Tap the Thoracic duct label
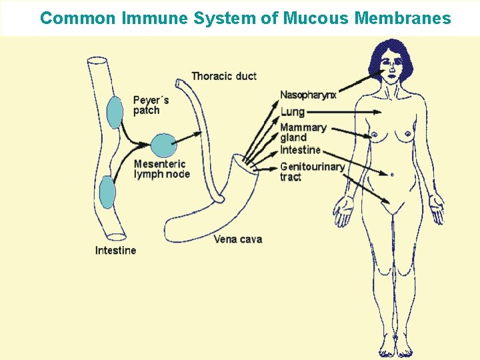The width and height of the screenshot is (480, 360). point(223,76)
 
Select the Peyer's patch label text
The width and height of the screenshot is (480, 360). point(151,105)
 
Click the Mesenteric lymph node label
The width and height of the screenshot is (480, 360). point(161,169)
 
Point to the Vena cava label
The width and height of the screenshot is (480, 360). point(237,239)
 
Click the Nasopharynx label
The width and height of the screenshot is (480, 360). point(308,95)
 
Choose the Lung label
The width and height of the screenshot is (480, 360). point(292,111)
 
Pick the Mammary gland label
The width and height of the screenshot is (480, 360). point(303,132)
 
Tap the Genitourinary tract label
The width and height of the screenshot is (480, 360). point(311,171)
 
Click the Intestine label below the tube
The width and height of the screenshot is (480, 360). point(115,251)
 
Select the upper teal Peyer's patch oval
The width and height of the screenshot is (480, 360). point(115,112)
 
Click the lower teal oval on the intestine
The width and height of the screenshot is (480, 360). point(107,193)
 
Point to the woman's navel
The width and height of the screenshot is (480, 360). point(391,175)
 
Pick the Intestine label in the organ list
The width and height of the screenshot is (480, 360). point(300,150)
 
